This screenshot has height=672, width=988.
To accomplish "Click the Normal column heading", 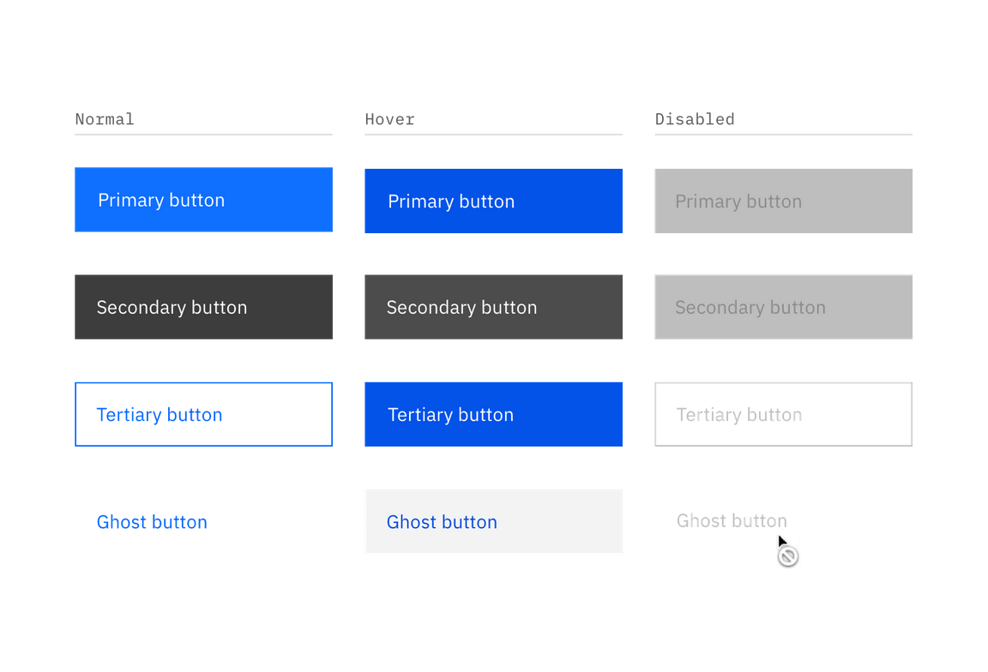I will pos(105,118).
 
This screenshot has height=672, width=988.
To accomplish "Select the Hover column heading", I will pos(390,118).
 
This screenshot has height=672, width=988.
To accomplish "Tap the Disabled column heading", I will pos(695,118).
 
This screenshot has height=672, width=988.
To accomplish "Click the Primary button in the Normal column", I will pos(203,201).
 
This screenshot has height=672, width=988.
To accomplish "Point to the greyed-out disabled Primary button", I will pos(783,201).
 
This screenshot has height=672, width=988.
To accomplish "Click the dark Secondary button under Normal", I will pos(203,307).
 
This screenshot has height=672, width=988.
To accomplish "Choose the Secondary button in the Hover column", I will pos(493,307).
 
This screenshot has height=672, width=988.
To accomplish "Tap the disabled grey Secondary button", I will pos(783,307).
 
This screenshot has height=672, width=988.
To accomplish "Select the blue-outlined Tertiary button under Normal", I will pos(203,414).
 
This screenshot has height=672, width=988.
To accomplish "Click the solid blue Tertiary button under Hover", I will pos(493,414).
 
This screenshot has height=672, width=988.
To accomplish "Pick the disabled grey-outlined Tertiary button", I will pos(783,414).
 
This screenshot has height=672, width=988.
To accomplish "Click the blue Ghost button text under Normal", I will pos(152,522).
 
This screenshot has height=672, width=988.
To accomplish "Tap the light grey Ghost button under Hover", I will pos(493,522).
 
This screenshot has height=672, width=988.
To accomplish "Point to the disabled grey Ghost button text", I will pos(731,520).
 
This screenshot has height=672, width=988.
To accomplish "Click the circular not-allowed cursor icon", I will pos(788,558).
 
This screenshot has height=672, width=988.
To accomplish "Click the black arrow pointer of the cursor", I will pos(782,542).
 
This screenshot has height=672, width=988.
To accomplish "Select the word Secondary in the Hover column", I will pos(425,307).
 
